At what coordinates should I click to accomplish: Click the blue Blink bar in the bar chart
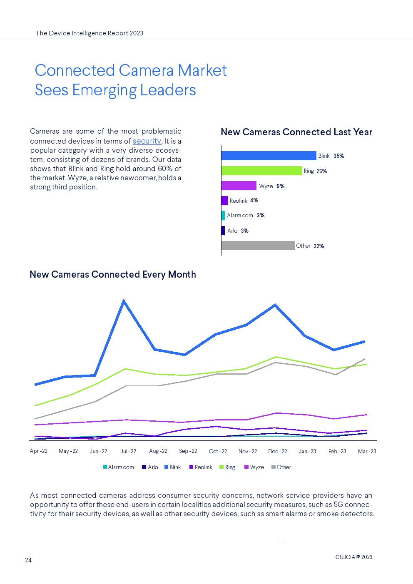pos(269,156)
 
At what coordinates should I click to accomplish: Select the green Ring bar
pos(261,171)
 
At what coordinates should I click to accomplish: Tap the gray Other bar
pos(258,246)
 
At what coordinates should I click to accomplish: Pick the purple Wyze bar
pos(239,186)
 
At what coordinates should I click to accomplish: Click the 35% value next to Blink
pos(339,156)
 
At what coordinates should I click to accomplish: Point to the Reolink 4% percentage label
pos(254,201)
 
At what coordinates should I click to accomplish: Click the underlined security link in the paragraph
pos(147,141)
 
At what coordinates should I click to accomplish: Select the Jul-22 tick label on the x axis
pos(128,451)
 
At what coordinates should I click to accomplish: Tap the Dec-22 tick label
pos(278,451)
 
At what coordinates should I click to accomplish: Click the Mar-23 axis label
pos(367,451)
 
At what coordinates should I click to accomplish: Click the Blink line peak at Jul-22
pos(124,301)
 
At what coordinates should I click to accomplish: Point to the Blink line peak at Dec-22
pos(275,305)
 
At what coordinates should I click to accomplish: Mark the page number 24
pos(28,560)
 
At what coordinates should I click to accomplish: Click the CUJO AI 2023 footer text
pos(354,557)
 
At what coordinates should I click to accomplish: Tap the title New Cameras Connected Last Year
pos(296,132)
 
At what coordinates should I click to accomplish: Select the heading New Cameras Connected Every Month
pos(113,274)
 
